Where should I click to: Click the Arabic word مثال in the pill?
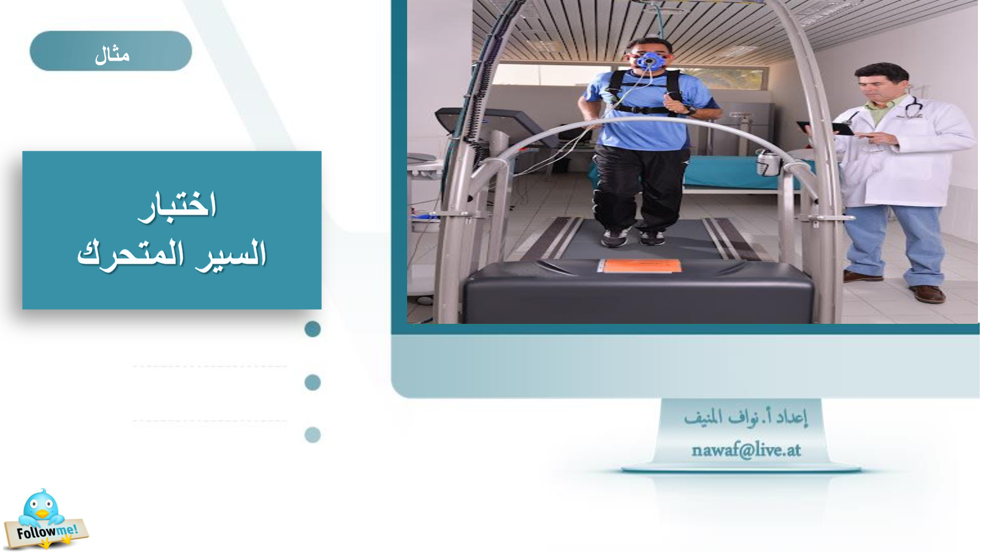pyautogui.click(x=112, y=56)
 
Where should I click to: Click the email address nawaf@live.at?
pyautogui.click(x=746, y=450)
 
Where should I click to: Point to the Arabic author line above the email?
pyautogui.click(x=746, y=418)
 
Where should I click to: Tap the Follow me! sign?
pyautogui.click(x=47, y=533)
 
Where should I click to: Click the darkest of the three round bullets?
pyautogui.click(x=312, y=329)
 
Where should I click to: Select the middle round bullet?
pyautogui.click(x=312, y=383)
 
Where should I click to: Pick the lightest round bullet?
pyautogui.click(x=312, y=435)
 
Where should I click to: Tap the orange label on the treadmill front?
pyautogui.click(x=640, y=266)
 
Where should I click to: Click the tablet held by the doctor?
pyautogui.click(x=826, y=128)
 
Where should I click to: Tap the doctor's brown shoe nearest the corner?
pyautogui.click(x=928, y=294)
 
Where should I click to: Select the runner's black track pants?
pyautogui.click(x=639, y=188)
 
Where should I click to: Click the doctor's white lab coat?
pyautogui.click(x=902, y=153)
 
